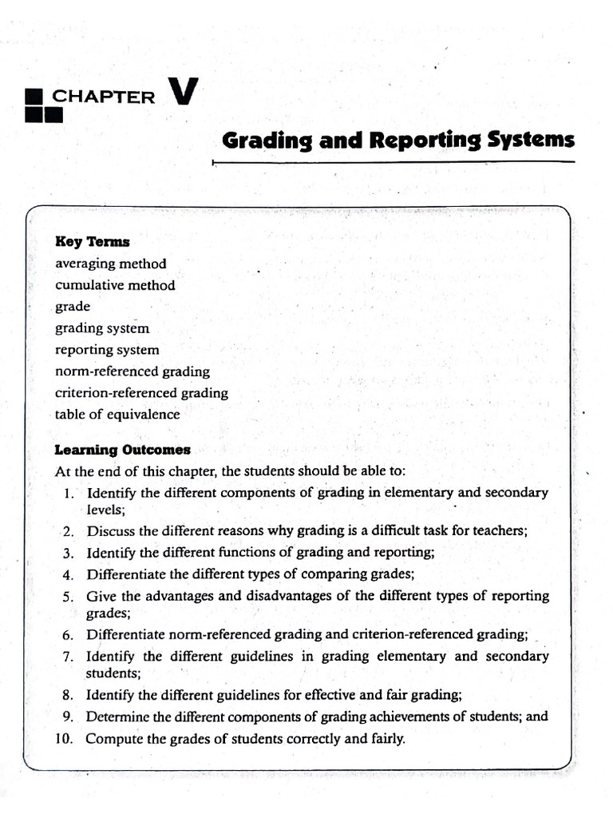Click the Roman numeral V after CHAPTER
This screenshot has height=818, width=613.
tap(183, 92)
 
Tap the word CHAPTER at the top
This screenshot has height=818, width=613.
tap(104, 97)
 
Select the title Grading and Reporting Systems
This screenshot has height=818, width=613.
tap(397, 140)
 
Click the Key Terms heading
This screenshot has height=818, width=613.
tap(92, 241)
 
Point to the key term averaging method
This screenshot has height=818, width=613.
tap(111, 263)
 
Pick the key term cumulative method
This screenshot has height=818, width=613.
tap(115, 284)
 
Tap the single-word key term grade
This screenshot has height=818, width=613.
tap(73, 307)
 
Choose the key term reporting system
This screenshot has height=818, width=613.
tap(107, 350)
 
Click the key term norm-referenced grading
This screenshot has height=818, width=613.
tap(132, 371)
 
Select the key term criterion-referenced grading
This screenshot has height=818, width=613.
tap(141, 393)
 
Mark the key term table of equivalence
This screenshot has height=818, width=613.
tap(117, 415)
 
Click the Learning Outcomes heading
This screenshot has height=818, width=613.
tap(122, 450)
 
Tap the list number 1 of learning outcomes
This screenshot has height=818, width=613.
tap(69, 493)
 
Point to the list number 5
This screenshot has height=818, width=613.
tap(68, 596)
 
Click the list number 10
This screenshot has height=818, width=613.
tap(64, 738)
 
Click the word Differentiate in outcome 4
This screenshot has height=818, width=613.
tap(125, 574)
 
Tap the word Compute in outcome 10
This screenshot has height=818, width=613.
tap(113, 738)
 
